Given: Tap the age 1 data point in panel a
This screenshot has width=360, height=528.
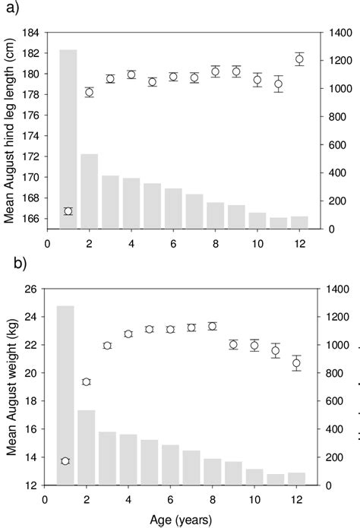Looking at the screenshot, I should tap(68, 211).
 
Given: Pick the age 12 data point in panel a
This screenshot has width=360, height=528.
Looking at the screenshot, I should tap(299, 59).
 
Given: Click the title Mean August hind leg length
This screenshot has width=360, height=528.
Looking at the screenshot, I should tap(11, 131).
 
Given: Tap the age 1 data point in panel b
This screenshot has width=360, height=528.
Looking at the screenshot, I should tap(65, 461).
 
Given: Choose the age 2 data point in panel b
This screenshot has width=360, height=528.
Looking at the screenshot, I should tap(87, 381).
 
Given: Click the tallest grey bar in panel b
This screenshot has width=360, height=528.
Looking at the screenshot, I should tap(65, 395).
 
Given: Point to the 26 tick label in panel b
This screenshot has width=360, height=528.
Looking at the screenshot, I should tap(30, 289).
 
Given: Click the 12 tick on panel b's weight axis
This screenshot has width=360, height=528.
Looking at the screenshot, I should tap(30, 485).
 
